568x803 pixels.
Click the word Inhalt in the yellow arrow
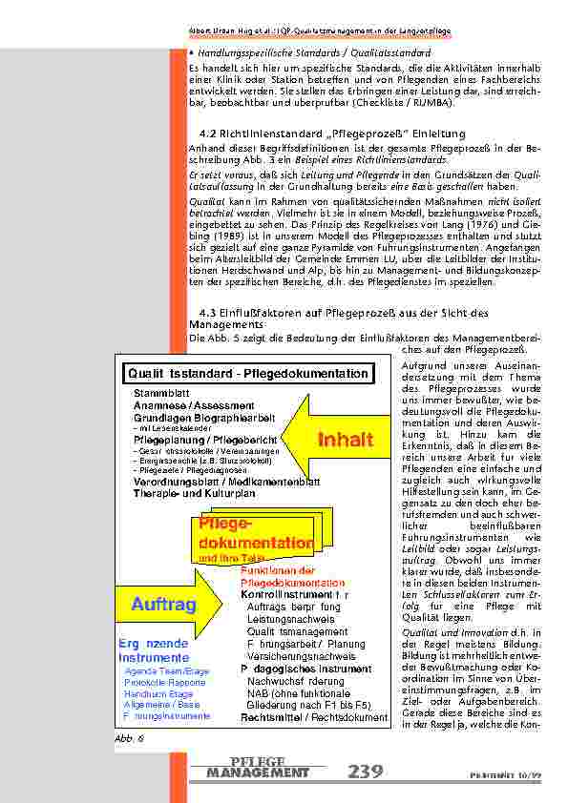pyautogui.click(x=347, y=439)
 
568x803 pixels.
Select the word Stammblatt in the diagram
pyautogui.click(x=159, y=392)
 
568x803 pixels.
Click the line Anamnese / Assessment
pyautogui.click(x=186, y=404)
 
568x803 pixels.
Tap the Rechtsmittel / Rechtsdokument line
pyautogui.click(x=314, y=717)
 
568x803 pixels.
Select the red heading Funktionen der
pyautogui.click(x=278, y=570)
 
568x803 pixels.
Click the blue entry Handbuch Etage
pyautogui.click(x=158, y=694)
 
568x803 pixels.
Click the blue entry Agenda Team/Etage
pyautogui.click(x=167, y=671)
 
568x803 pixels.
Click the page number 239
pyautogui.click(x=367, y=771)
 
